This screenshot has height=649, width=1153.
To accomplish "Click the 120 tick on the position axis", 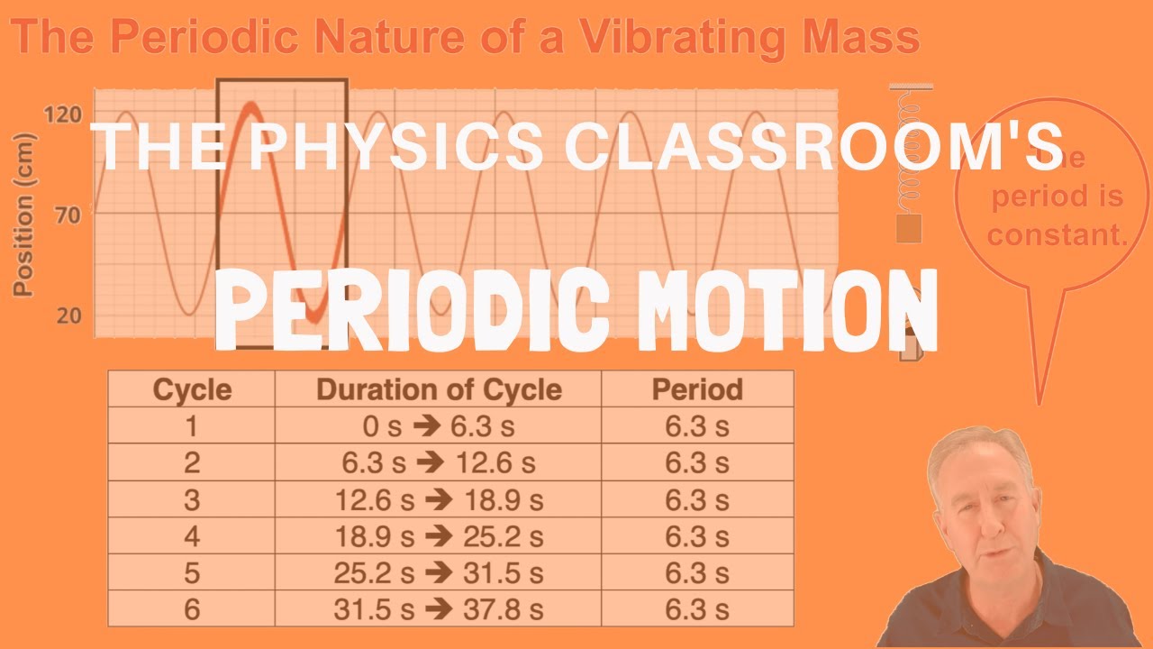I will (x=62, y=114).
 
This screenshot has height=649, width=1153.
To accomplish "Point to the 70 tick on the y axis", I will (x=68, y=215).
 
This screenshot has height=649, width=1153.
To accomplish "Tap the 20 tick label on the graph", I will (x=68, y=315).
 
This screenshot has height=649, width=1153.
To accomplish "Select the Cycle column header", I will (x=192, y=389).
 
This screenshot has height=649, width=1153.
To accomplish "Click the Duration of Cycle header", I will (x=439, y=389).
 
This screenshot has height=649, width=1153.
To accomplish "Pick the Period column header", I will (x=697, y=389).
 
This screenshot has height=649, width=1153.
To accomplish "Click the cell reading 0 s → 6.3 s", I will (x=439, y=426).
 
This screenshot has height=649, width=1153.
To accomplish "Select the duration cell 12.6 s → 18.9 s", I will (x=439, y=500).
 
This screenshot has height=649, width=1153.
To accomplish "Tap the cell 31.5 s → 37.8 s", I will (x=439, y=610).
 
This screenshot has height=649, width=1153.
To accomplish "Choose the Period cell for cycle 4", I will (x=697, y=537).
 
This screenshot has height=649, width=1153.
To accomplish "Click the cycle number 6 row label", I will (x=192, y=610).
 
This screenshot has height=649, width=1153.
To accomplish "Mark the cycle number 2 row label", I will (x=192, y=463).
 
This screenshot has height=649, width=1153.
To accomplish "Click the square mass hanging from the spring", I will (x=910, y=229).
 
